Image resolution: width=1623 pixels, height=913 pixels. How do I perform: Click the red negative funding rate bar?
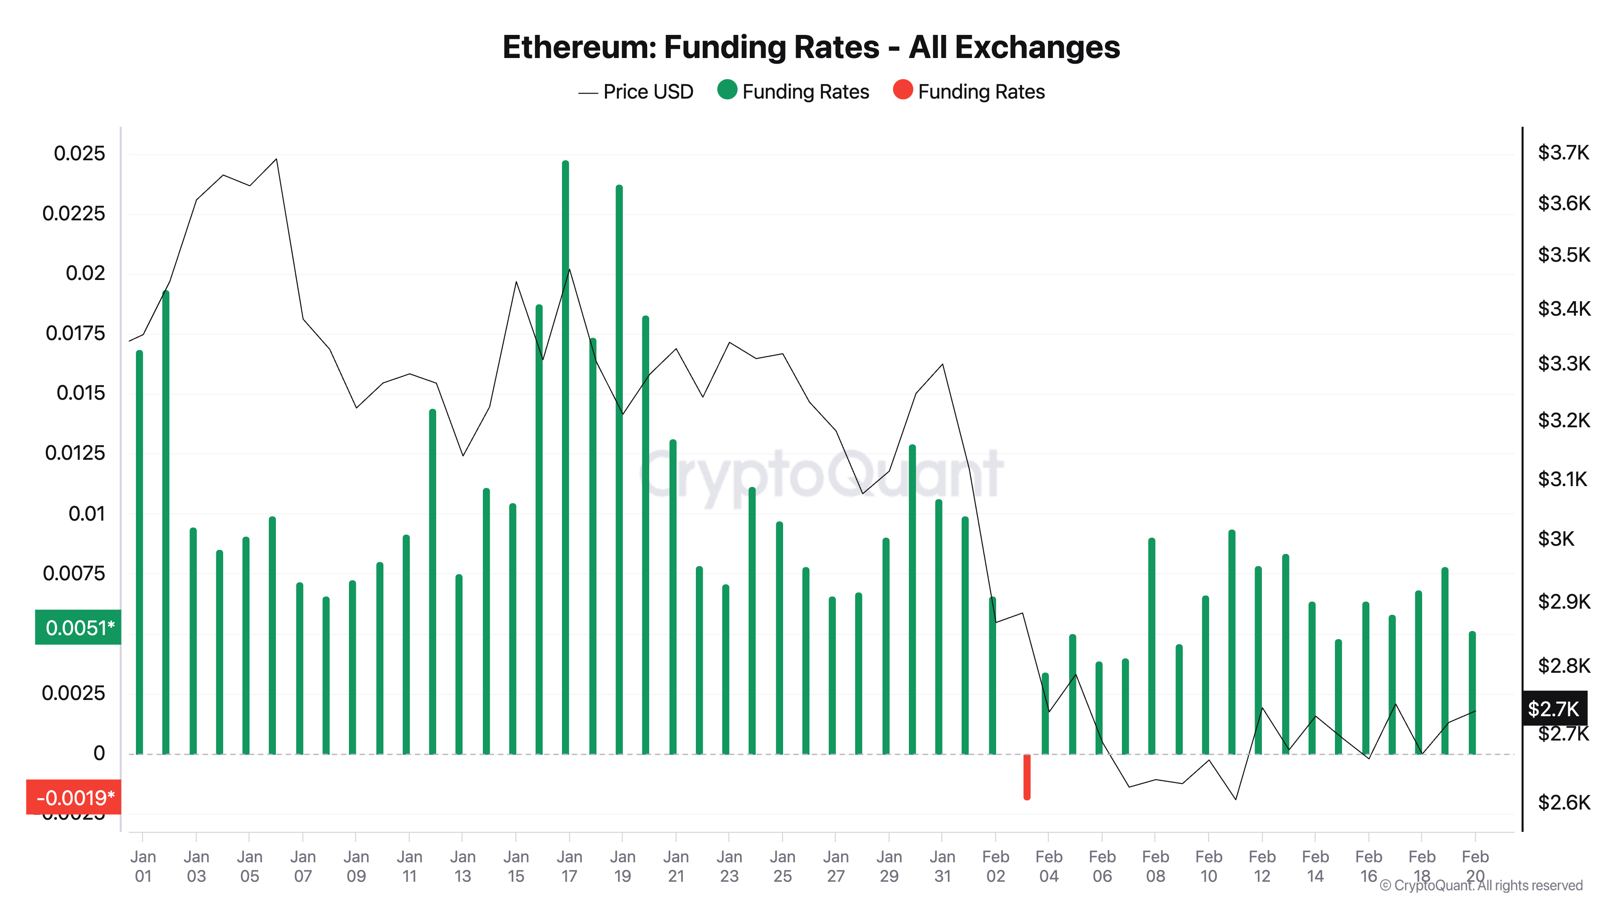click(x=1027, y=777)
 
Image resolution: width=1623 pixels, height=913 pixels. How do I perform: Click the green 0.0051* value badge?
click(x=78, y=628)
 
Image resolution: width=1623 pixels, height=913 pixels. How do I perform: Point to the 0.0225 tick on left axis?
click(x=74, y=213)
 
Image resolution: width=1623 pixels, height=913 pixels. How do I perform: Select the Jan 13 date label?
click(x=463, y=866)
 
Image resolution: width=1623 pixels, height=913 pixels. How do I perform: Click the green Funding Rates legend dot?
click(x=726, y=90)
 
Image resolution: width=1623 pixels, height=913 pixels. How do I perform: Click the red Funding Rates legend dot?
click(x=902, y=90)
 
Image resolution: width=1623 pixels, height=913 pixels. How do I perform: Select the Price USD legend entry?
click(x=636, y=92)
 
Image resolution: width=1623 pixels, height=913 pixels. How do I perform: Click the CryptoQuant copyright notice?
click(x=1481, y=885)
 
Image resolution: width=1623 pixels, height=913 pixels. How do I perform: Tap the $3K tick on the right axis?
click(x=1556, y=539)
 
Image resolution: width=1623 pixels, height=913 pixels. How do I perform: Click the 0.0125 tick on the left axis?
click(x=75, y=453)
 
